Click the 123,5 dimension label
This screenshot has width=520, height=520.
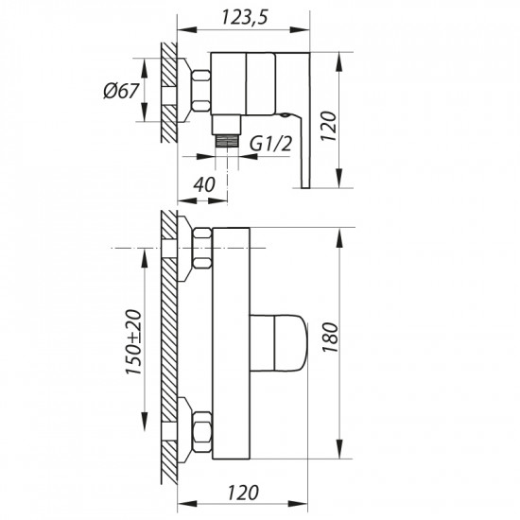pyautogui.click(x=244, y=17)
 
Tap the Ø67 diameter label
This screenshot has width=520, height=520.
pyautogui.click(x=120, y=91)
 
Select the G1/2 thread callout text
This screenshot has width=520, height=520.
pyautogui.click(x=270, y=144)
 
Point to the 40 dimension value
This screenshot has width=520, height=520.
pyautogui.click(x=204, y=184)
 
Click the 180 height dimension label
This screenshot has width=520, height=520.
pyautogui.click(x=330, y=338)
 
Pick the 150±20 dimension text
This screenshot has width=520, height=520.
pyautogui.click(x=133, y=342)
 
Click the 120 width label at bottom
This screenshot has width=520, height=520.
pyautogui.click(x=243, y=493)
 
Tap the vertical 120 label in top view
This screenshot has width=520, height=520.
pyautogui.click(x=328, y=126)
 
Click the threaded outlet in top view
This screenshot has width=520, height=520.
pyautogui.click(x=227, y=141)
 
